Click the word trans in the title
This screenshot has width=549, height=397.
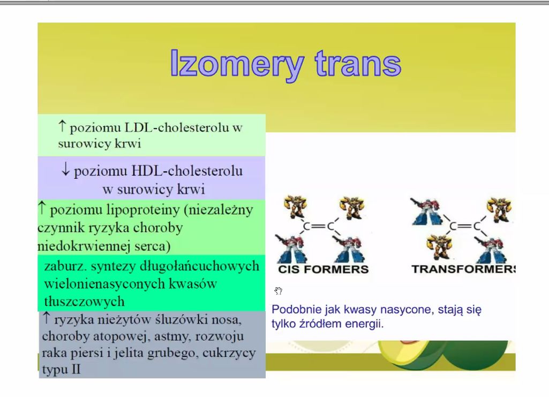pos(358,63)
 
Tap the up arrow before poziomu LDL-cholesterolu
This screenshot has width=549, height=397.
pos(62,126)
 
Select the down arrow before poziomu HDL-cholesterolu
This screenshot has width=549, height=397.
pos(65,170)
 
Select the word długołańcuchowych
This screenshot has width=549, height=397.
pos(200,266)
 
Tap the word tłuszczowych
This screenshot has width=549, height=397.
pos(84,301)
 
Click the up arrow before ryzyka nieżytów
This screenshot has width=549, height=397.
pos(46,318)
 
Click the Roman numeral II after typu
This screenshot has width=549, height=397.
pos(76,369)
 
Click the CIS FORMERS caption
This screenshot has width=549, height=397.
pos(323,269)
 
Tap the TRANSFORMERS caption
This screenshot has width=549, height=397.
pos(463,269)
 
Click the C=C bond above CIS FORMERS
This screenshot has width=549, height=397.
pos(318,226)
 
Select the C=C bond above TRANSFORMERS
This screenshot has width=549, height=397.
pos(464,226)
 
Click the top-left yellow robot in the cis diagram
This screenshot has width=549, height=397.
pos(295,207)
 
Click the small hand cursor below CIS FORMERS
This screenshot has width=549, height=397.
pos(279,291)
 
